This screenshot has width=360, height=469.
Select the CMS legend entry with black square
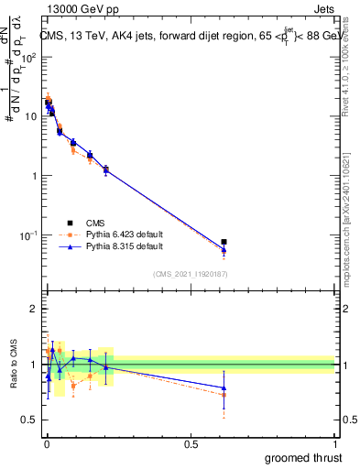pyautogui.click(x=95, y=223)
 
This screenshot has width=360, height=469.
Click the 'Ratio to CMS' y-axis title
pyautogui.click(x=14, y=365)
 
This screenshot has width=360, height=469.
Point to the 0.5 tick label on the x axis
pyautogui.click(x=191, y=444)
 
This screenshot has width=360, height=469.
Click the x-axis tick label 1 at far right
pyautogui.click(x=336, y=444)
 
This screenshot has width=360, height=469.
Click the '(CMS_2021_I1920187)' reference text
pyautogui.click(x=190, y=273)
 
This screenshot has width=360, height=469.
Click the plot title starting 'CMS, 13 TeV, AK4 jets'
pyautogui.click(x=189, y=37)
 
